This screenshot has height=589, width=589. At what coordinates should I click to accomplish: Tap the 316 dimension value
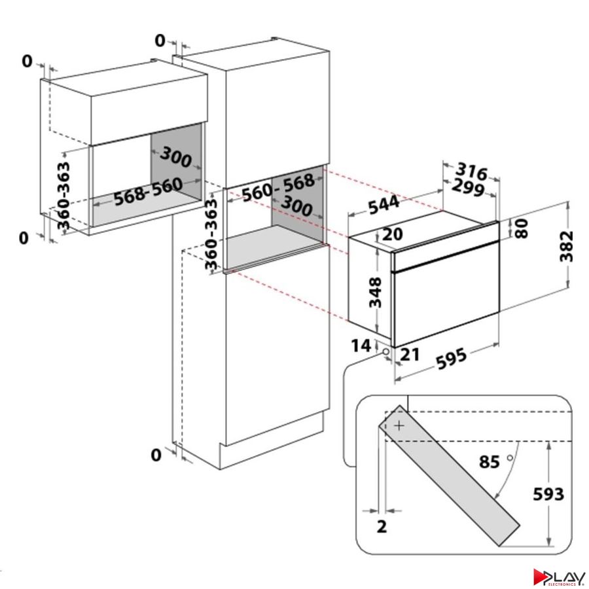[471, 171]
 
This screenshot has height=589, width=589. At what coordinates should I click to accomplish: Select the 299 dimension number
[468, 187]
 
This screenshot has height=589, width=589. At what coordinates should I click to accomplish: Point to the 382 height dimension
[567, 246]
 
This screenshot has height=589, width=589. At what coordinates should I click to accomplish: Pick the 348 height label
[375, 293]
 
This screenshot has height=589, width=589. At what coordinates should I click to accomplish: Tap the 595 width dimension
[451, 359]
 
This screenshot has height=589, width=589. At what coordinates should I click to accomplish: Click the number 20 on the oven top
[393, 234]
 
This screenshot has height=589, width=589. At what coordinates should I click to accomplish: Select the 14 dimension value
[361, 346]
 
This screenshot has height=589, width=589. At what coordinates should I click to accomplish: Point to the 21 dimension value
[410, 354]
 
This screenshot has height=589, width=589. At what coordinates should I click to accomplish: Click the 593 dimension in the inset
[549, 494]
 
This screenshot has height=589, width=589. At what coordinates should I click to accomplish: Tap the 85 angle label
[490, 461]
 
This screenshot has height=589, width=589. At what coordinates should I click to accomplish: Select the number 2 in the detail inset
[382, 527]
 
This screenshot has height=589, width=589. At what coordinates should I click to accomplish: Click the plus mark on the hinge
[399, 425]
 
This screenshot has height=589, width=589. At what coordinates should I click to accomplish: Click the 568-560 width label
[149, 192]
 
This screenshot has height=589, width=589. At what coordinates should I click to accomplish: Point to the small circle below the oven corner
[385, 352]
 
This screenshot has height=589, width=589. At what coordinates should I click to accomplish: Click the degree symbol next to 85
[510, 457]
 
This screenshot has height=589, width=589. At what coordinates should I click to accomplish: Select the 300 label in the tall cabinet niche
[296, 206]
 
